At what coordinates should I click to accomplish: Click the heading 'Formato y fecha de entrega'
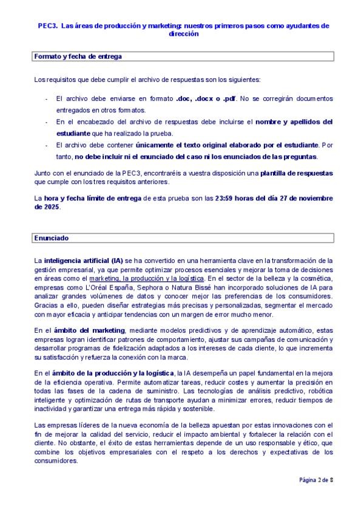pos(78,56)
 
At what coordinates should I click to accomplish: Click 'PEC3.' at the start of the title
pos(49,26)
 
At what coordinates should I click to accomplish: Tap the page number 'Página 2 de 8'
pos(316,480)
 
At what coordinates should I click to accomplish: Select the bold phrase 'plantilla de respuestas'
pos(297,173)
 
